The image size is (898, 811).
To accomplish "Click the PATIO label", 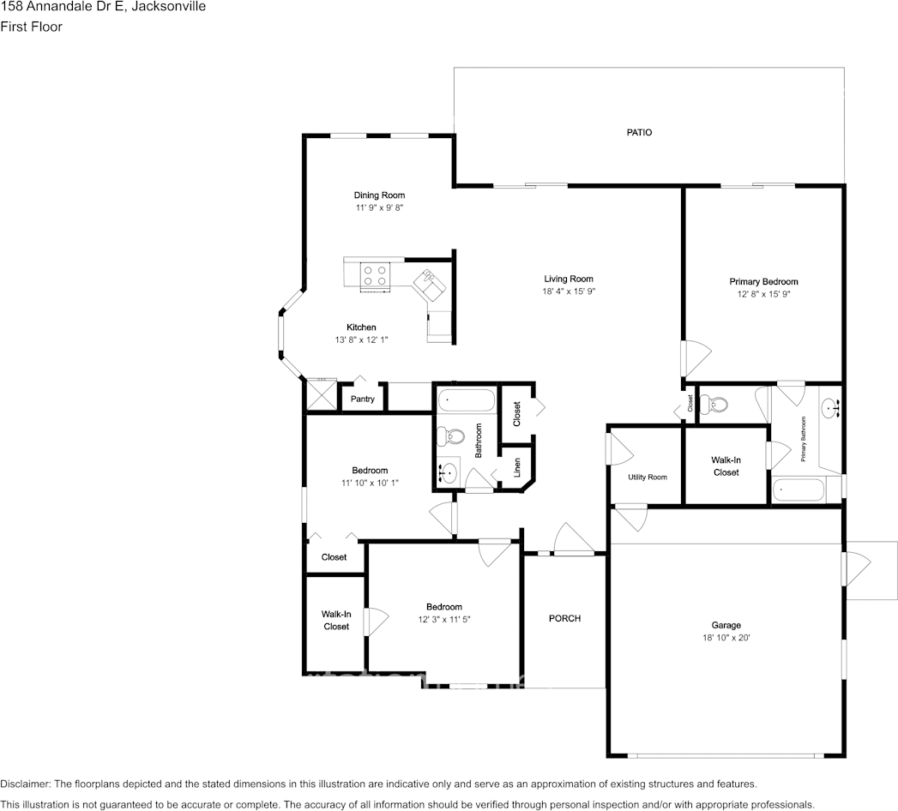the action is pyautogui.click(x=639, y=132).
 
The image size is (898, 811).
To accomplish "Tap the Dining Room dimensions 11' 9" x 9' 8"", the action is pyautogui.click(x=379, y=207).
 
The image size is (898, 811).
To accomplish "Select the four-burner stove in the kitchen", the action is pyautogui.click(x=375, y=275).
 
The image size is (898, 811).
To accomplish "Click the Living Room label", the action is pyautogui.click(x=569, y=279).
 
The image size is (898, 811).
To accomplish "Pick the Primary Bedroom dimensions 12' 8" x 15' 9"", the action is pyautogui.click(x=763, y=294).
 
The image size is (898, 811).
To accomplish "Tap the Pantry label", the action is pyautogui.click(x=363, y=399).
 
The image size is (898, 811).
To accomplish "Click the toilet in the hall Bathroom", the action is pyautogui.click(x=451, y=436).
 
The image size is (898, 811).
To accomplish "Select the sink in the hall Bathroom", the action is pyautogui.click(x=449, y=472).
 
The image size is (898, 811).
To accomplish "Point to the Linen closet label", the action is pyautogui.click(x=516, y=467).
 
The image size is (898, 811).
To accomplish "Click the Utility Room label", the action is pyautogui.click(x=648, y=477).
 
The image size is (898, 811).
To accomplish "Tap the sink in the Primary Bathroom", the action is pyautogui.click(x=831, y=408).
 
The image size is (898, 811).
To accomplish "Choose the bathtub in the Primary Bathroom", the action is pyautogui.click(x=799, y=490).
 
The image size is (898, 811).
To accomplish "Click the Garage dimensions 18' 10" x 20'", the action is pyautogui.click(x=726, y=638).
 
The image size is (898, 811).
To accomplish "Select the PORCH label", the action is pyautogui.click(x=564, y=618).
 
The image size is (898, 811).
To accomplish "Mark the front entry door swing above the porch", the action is pyautogui.click(x=573, y=539).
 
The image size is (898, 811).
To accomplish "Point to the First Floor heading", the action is pyautogui.click(x=31, y=27).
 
